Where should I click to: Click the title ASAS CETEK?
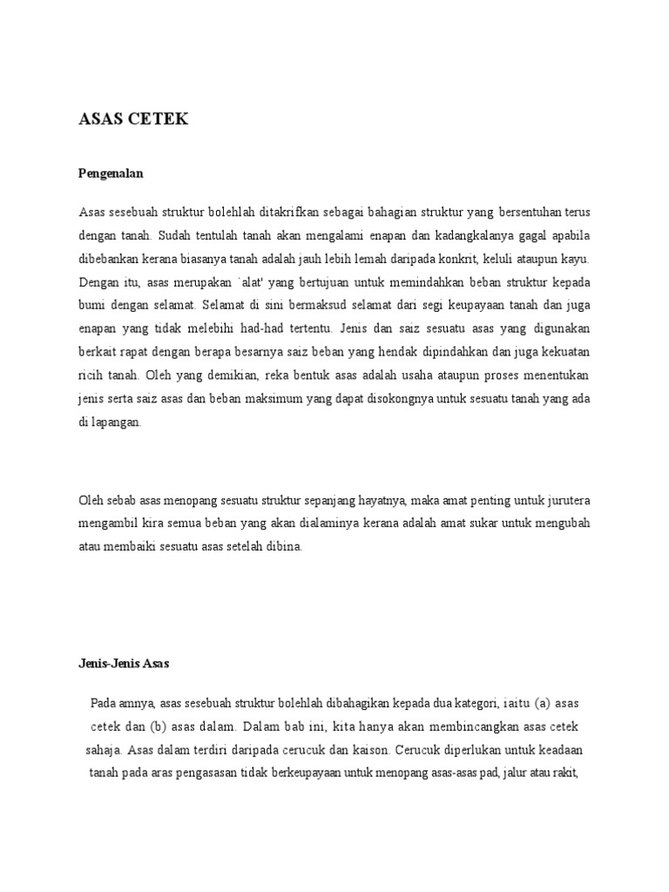[133, 120]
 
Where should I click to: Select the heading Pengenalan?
[111, 173]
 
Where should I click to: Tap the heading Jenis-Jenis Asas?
[124, 663]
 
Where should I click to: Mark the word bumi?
[92, 306]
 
